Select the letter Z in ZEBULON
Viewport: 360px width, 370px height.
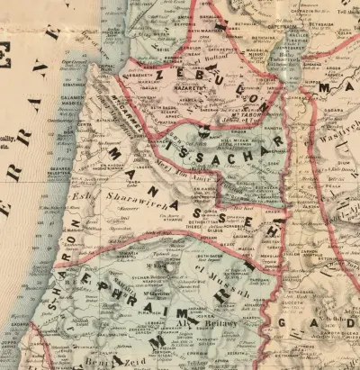(x=164, y=77)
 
